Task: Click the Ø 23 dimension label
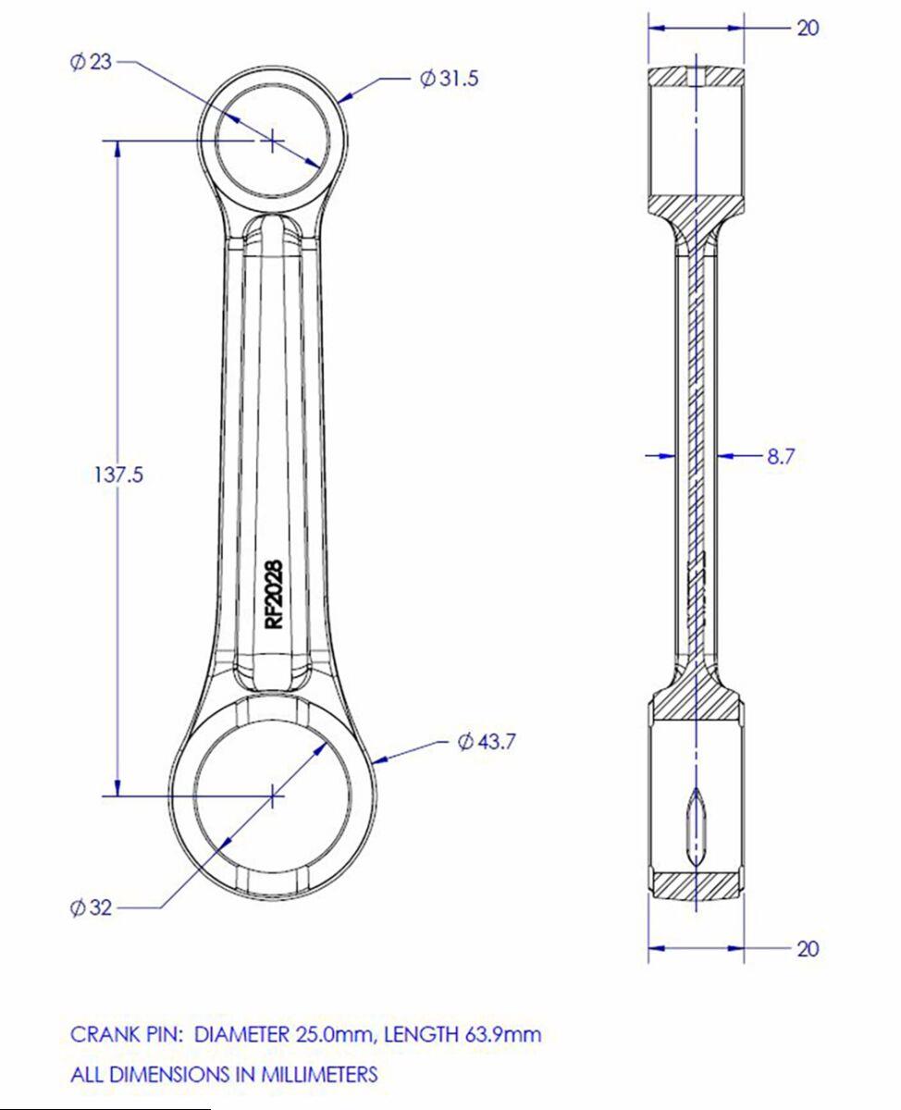click(91, 62)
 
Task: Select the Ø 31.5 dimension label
click(450, 79)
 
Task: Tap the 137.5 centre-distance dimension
click(118, 475)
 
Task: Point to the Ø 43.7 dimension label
click(487, 742)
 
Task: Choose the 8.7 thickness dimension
click(781, 457)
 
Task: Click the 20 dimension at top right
click(808, 28)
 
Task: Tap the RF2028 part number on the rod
click(274, 595)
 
